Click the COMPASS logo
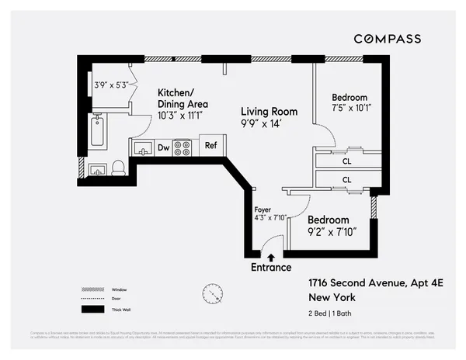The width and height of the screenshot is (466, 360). (x=388, y=39)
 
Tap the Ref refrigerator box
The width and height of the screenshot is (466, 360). (x=210, y=145)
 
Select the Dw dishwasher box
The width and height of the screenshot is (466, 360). (x=164, y=147)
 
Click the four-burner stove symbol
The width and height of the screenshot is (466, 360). (x=183, y=147)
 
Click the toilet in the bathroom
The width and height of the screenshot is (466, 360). (x=118, y=168)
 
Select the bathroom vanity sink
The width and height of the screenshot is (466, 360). (x=98, y=169)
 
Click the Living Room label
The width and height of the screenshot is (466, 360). (x=269, y=112)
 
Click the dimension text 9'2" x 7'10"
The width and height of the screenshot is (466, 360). (x=330, y=231)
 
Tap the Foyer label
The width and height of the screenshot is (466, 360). (x=263, y=209)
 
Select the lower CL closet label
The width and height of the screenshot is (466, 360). (x=347, y=179)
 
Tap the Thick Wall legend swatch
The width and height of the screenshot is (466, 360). (x=92, y=309)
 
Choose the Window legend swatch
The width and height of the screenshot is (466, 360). (x=92, y=289)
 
